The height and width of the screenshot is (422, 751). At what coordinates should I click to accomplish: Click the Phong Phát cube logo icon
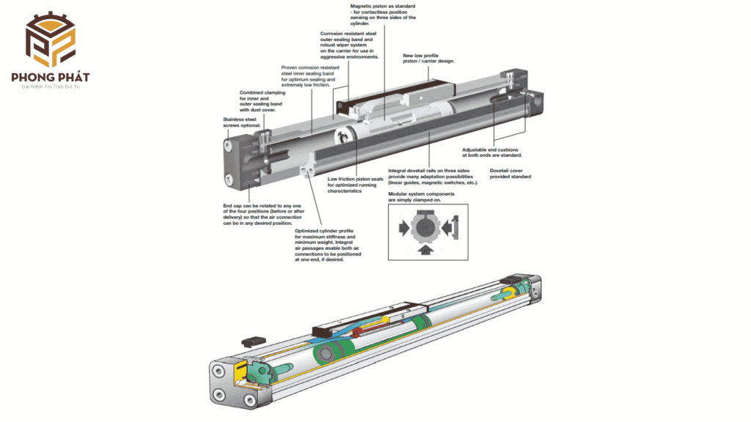(x=51, y=40)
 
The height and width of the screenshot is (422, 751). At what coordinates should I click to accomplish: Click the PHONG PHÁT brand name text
(x=51, y=77)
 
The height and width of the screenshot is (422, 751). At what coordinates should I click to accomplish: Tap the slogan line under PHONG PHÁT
(x=51, y=86)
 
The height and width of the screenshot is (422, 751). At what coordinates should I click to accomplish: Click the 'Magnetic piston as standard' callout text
(x=383, y=15)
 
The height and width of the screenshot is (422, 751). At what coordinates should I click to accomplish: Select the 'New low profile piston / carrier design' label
(x=428, y=59)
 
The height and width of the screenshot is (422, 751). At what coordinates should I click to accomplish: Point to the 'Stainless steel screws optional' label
(x=241, y=122)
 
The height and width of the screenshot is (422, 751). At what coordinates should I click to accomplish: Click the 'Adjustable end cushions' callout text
(x=492, y=152)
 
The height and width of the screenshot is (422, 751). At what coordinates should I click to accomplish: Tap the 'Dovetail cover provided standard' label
(x=510, y=174)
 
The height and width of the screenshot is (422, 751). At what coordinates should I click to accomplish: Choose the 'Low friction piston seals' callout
(x=355, y=185)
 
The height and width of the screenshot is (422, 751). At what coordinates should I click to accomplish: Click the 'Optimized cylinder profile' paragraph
(x=328, y=245)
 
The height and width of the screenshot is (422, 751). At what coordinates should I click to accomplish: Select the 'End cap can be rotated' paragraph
(x=263, y=215)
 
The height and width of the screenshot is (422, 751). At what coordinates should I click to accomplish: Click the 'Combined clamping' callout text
(x=262, y=101)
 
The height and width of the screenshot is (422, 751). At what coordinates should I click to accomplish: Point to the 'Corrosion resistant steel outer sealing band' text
(x=349, y=45)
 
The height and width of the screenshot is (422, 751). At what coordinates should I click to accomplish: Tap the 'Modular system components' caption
(x=421, y=196)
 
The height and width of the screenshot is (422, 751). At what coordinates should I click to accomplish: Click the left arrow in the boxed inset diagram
(x=404, y=229)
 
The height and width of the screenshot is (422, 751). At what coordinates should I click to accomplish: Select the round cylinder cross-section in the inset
(x=426, y=227)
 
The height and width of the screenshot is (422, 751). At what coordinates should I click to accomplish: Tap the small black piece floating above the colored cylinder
(x=253, y=341)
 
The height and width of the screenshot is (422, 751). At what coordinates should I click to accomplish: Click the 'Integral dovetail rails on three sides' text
(x=433, y=177)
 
